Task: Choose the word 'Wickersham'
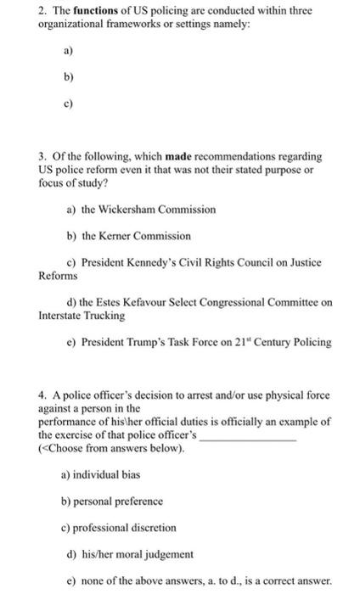pyautogui.click(x=127, y=209)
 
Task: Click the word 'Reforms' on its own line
pyautogui.click(x=58, y=276)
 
